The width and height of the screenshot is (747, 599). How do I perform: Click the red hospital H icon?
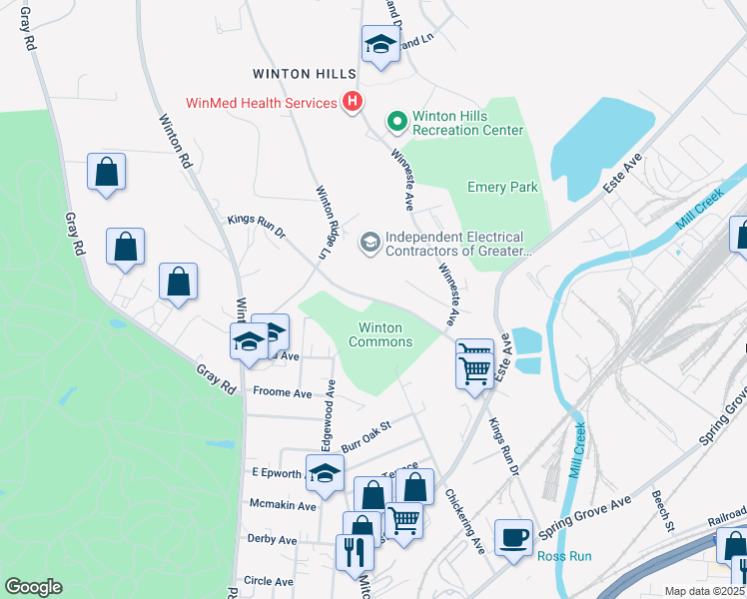352,102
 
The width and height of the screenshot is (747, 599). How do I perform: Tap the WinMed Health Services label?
261,103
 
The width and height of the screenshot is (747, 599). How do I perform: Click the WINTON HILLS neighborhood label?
304,74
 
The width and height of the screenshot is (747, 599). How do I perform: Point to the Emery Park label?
503,187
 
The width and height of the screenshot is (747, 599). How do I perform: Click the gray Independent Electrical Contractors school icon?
370,242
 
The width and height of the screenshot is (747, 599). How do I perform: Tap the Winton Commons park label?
379,334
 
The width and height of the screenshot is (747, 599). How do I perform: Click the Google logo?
33,587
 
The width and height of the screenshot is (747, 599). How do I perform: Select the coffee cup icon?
514,536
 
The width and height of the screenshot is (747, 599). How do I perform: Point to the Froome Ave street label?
283,392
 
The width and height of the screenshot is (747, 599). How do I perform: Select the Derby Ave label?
273,540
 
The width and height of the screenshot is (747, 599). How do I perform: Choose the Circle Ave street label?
269,581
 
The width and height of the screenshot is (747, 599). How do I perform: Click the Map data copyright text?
703,591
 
